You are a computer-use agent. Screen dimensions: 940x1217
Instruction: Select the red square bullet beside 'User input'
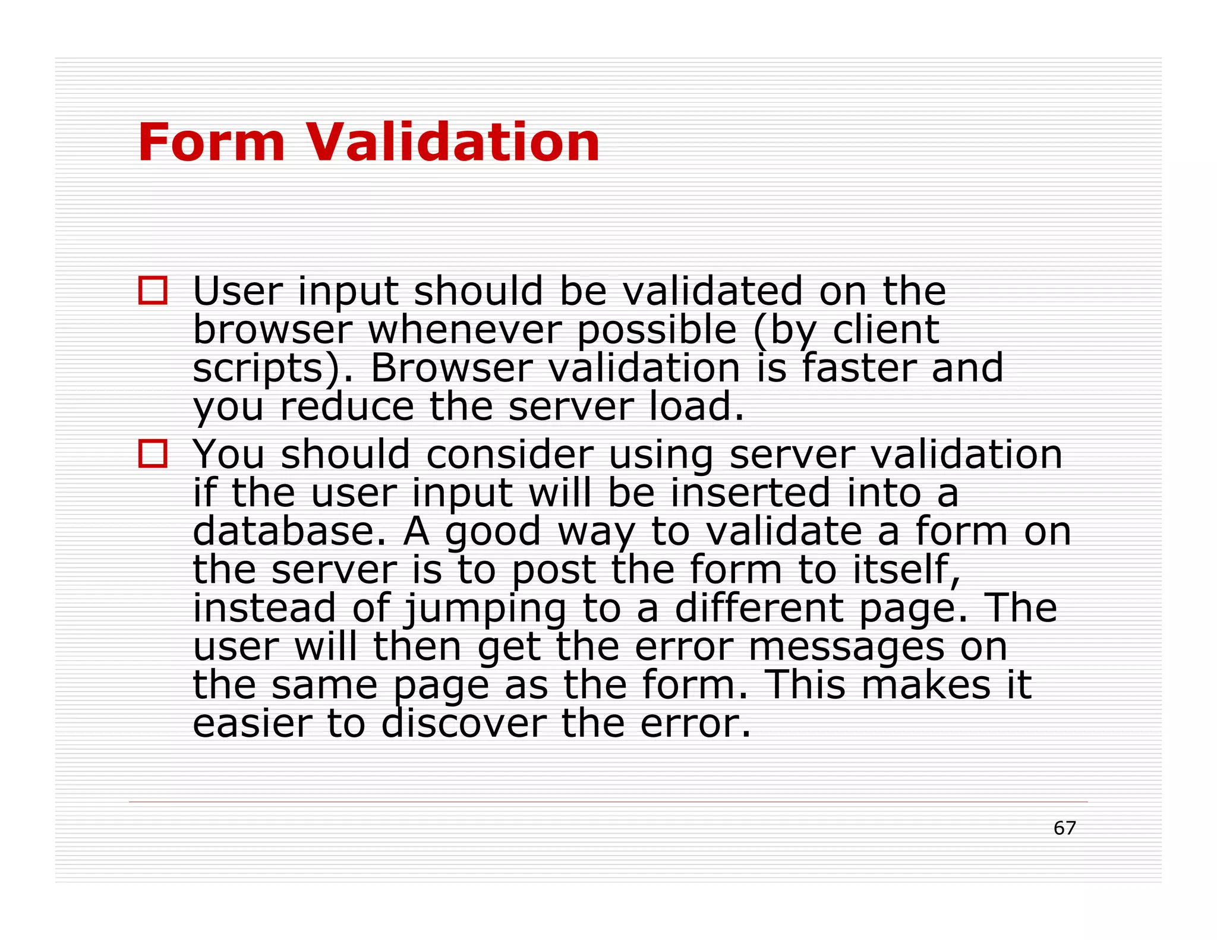[153, 291]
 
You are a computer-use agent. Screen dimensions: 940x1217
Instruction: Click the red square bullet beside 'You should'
[153, 453]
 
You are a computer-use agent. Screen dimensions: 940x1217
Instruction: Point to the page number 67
[1064, 828]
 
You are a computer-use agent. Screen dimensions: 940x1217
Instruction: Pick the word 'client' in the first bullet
[885, 330]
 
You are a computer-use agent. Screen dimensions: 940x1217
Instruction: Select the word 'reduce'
[347, 407]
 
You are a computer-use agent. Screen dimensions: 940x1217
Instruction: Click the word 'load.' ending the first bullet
[696, 407]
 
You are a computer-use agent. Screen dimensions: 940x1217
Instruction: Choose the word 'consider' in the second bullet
[510, 455]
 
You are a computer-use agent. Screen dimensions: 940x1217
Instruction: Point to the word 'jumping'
[485, 608]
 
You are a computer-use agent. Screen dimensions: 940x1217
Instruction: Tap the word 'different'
[759, 608]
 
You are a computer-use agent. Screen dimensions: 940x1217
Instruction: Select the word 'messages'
[846, 647]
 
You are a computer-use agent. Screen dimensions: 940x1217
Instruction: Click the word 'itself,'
[907, 569]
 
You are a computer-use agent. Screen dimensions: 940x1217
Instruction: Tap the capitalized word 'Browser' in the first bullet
[452, 368]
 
